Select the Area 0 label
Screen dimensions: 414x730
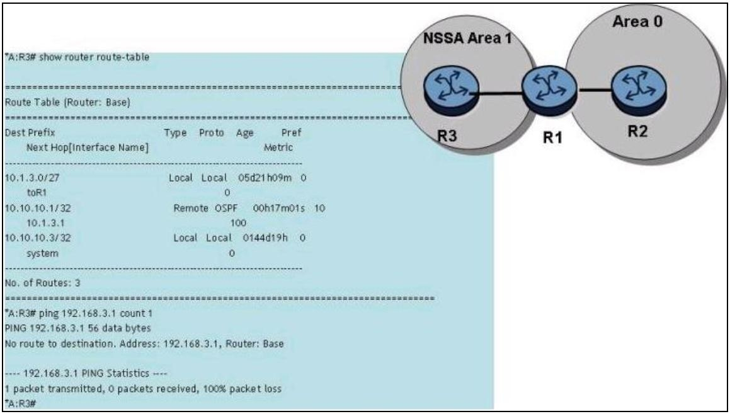pos(649,23)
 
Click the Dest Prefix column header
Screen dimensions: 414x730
pos(30,134)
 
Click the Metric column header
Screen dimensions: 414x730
pos(278,148)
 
